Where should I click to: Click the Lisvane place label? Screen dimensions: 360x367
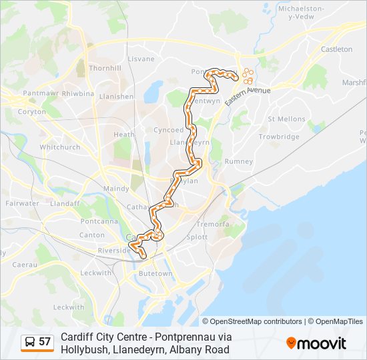141,59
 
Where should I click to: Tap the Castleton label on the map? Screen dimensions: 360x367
336,49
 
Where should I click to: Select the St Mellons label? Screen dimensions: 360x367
286,119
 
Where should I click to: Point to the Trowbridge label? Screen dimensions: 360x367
279,137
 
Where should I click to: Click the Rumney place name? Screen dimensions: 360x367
239,161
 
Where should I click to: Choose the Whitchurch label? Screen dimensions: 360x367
60,147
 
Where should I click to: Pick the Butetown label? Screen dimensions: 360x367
155,273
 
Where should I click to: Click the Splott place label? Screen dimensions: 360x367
198,237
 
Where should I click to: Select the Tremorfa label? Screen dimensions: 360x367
213,224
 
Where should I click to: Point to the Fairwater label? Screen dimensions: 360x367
22,203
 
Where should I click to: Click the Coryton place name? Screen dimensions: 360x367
32,112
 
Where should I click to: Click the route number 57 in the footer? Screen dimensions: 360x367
45,342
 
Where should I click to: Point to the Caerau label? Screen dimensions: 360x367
25,265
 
